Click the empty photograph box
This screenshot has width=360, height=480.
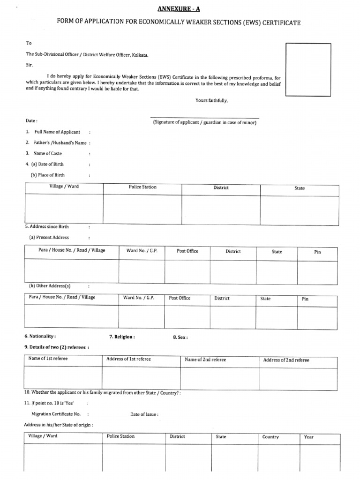point(308,69)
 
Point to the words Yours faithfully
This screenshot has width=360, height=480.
point(211,100)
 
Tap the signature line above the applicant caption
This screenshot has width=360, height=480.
point(204,118)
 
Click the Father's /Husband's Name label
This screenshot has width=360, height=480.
point(56,142)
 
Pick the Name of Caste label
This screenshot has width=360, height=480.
point(44,153)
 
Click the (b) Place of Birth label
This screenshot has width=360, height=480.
point(47,175)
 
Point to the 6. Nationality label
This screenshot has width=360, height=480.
point(40,337)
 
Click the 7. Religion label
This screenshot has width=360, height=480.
point(122,337)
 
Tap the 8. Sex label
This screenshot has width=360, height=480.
point(180,337)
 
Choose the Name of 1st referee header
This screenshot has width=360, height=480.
point(48,359)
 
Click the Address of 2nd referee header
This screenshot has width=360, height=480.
point(286,360)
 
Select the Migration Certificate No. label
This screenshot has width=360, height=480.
point(56,414)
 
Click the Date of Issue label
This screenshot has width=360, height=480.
point(144,414)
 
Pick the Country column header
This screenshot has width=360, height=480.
point(270,437)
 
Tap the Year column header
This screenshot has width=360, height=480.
point(308,437)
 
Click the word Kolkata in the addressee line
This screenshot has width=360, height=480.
point(139,55)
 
